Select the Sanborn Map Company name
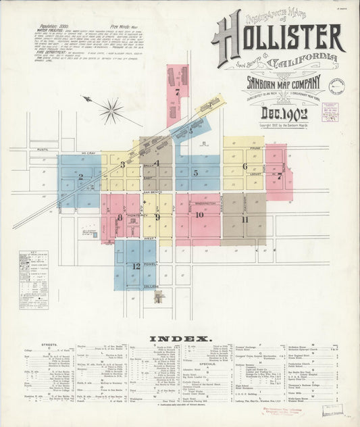point(278,86)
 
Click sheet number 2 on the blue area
point(80,178)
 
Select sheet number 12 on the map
point(136,266)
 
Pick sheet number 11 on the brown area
point(245,219)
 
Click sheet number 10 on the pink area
point(200,216)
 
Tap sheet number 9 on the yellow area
point(157,217)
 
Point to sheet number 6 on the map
point(245,166)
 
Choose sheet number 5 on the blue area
point(196,173)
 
